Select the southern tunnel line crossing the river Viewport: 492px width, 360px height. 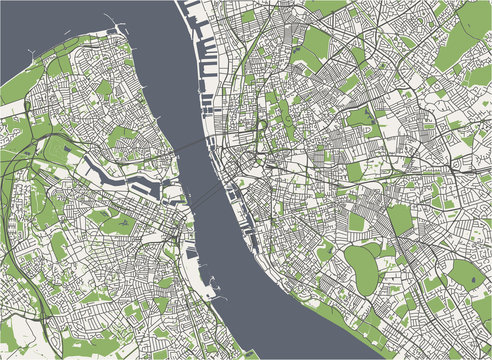[x=206, y=201]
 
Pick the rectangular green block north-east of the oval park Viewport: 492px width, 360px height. [x=400, y=220]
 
